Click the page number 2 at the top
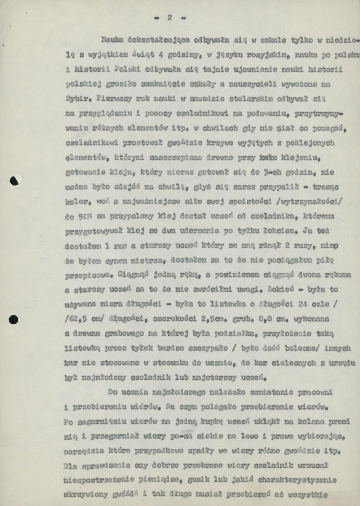(x=169, y=17)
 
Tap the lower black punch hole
(x=14, y=319)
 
